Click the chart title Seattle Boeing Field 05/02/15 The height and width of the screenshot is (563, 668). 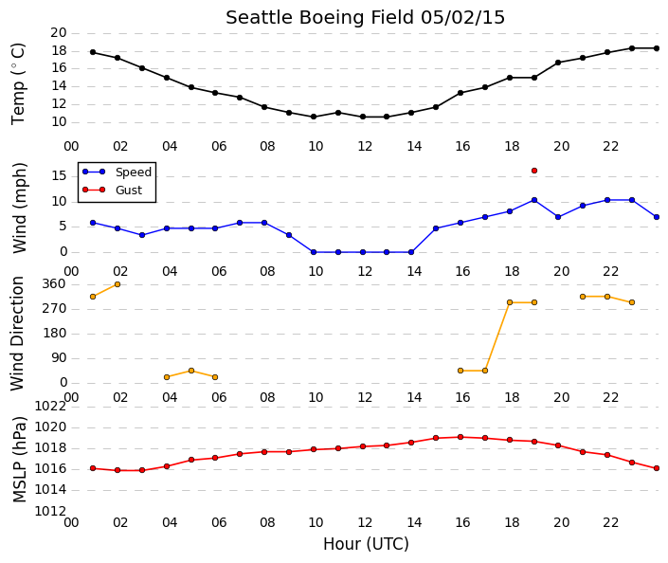[x=365, y=18]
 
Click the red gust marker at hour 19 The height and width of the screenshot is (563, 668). [x=534, y=171]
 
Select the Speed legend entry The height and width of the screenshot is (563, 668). [x=117, y=172]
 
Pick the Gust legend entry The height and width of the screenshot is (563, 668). [x=112, y=190]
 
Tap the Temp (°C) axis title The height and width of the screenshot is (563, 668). [x=18, y=84]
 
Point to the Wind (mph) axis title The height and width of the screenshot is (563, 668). [x=19, y=208]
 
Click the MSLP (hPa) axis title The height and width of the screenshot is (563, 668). [x=19, y=460]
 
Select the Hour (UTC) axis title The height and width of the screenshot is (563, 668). [x=366, y=544]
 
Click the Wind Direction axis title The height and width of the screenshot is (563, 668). [x=17, y=334]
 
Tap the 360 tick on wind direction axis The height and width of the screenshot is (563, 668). [x=54, y=283]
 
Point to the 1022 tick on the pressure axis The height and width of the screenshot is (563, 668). [x=50, y=407]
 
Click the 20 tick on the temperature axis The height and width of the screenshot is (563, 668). [x=59, y=32]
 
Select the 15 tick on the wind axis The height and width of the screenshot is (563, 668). [x=59, y=175]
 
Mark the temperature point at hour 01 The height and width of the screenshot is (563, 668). [x=93, y=52]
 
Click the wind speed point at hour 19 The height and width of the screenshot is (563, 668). [x=534, y=200]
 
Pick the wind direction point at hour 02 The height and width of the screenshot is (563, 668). [x=117, y=284]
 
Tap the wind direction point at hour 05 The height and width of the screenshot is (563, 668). [x=191, y=371]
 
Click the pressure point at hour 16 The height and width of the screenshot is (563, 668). [x=460, y=437]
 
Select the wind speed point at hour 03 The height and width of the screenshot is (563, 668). [x=142, y=235]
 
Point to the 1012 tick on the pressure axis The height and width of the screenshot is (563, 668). [x=50, y=511]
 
